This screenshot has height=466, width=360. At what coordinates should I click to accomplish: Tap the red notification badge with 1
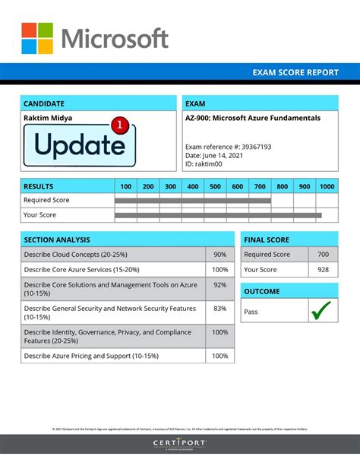(118, 123)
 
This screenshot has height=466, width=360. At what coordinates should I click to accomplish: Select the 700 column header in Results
(260, 186)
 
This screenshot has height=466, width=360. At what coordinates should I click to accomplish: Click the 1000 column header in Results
(327, 186)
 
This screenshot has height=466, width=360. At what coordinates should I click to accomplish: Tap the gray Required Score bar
(192, 201)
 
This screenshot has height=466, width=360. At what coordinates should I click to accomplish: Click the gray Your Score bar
(217, 215)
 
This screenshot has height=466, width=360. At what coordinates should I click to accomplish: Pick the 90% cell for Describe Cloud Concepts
(219, 255)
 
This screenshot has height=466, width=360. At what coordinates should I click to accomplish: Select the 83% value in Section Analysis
(219, 309)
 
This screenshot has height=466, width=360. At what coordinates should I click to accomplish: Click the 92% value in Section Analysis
(219, 285)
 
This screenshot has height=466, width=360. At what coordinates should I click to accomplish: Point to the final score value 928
(323, 270)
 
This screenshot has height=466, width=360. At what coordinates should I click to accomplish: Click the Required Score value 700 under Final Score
(323, 255)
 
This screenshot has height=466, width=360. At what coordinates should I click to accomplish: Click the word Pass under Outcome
(251, 311)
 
